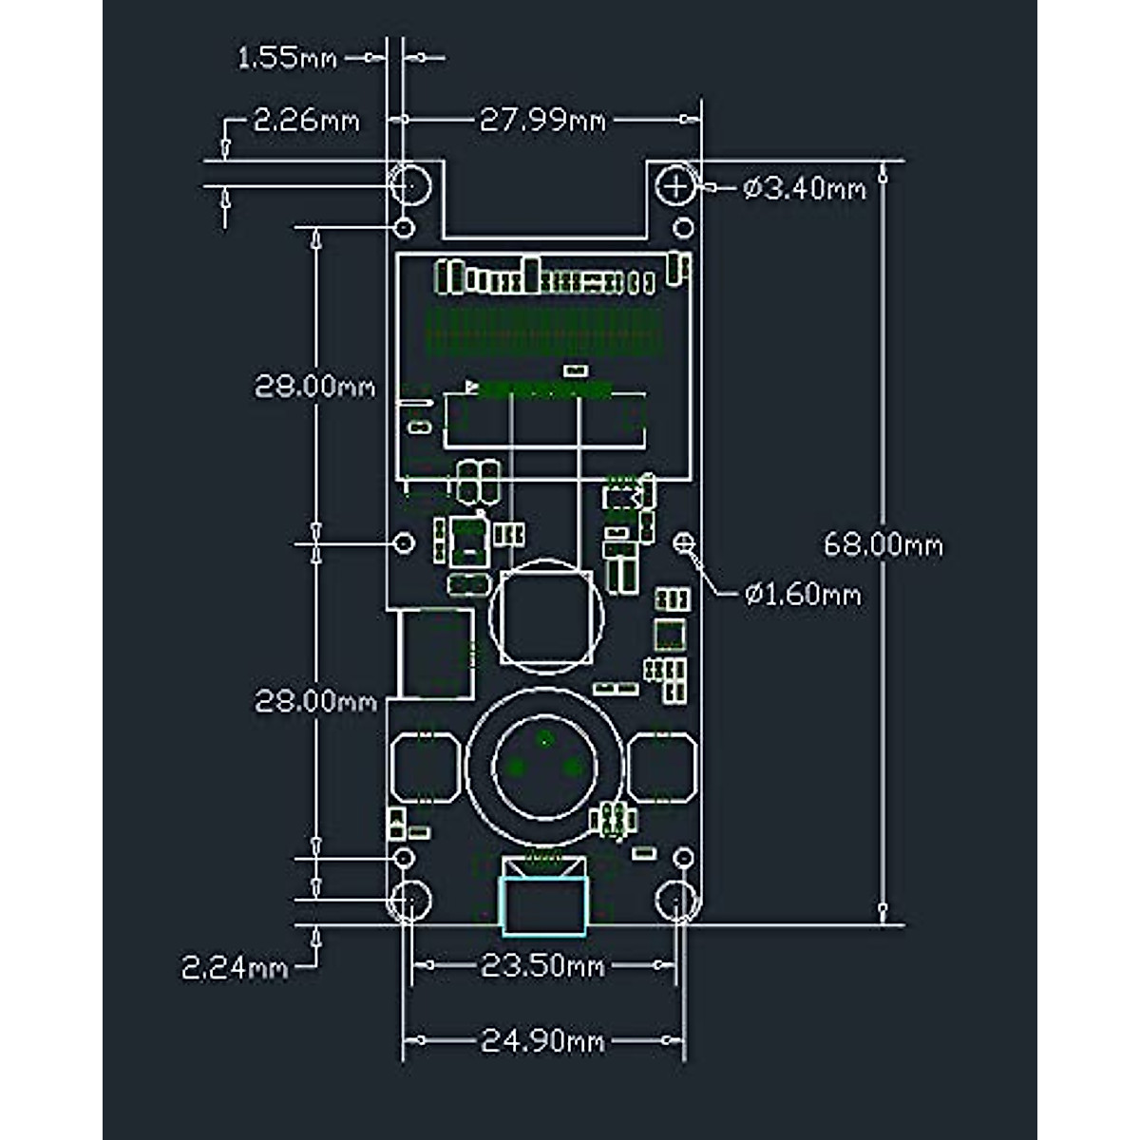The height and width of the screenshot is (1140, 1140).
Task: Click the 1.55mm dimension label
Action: pyautogui.click(x=287, y=58)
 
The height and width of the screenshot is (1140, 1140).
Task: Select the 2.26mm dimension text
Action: pyautogui.click(x=306, y=122)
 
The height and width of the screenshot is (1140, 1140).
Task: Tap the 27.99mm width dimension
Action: pyautogui.click(x=542, y=121)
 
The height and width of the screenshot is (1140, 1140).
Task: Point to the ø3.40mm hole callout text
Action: pyautogui.click(x=805, y=189)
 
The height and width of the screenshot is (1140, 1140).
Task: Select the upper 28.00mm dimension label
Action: pyautogui.click(x=314, y=387)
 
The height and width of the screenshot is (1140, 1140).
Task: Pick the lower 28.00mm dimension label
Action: pyautogui.click(x=315, y=702)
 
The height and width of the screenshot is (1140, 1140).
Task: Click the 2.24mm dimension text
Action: pyautogui.click(x=235, y=969)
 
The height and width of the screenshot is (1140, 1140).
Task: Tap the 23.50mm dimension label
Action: pyautogui.click(x=542, y=967)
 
